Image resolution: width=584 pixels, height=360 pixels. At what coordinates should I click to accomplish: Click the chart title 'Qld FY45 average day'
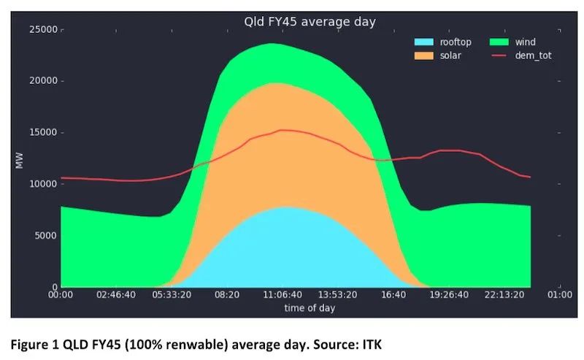(x=310, y=22)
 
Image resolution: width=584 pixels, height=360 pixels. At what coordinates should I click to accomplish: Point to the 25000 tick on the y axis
(x=42, y=29)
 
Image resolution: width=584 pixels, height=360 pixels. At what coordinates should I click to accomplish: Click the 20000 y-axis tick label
(x=42, y=81)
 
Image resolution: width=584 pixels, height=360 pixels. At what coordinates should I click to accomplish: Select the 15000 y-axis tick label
(x=42, y=133)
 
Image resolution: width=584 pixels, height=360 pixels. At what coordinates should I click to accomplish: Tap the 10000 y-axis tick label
(x=42, y=184)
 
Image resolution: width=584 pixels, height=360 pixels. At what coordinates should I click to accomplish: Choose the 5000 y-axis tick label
(x=45, y=236)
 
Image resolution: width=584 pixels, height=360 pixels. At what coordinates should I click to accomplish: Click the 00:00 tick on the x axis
(x=61, y=295)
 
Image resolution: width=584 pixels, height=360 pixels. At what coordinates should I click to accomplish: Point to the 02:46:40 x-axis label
(x=116, y=295)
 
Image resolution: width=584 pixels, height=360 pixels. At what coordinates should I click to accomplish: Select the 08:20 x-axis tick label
(x=227, y=295)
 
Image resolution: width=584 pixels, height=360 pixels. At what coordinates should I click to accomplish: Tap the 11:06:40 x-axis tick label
(x=283, y=295)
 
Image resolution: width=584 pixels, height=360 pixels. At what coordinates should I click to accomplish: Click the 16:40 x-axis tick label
(x=393, y=295)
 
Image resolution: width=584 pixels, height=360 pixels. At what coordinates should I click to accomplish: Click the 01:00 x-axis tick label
(x=559, y=295)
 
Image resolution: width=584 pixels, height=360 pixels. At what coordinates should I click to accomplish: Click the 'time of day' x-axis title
(x=310, y=307)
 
